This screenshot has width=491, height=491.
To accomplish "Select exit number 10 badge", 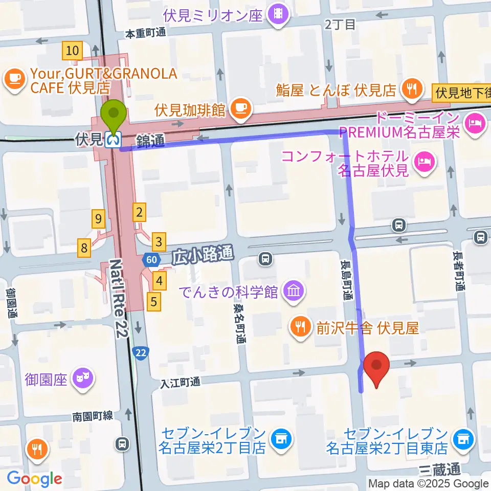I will point(72,51).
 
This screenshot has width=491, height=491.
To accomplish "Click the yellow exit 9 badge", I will point(99,219).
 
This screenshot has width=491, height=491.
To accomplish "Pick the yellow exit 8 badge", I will point(84,249).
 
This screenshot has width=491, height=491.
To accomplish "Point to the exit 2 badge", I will point(139,211).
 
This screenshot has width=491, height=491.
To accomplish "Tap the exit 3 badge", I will point(160,240).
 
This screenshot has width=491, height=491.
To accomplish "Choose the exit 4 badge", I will point(160,280).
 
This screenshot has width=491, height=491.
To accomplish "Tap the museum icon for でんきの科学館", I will point(295,293).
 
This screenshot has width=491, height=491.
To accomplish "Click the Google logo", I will point(35,479).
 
